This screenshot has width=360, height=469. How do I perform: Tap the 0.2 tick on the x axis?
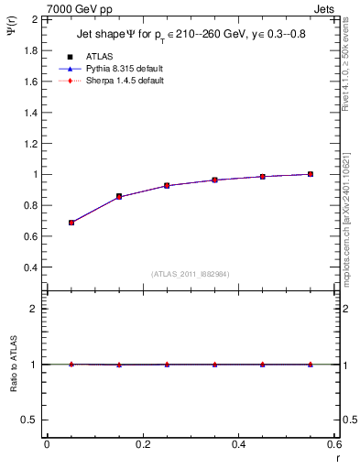click(143, 444)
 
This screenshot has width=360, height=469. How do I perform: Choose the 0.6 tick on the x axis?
click(334, 444)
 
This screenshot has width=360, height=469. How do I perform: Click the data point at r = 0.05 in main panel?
click(71, 223)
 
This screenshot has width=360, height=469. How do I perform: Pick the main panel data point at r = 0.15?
click(119, 196)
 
